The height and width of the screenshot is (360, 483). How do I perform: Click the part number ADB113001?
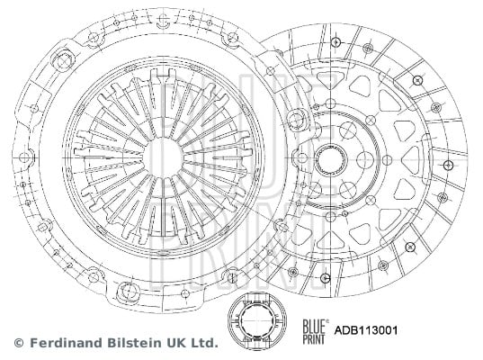coord(366,330)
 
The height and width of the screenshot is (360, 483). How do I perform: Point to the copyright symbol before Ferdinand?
coord(19,343)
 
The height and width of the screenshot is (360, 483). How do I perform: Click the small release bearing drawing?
coord(257,321)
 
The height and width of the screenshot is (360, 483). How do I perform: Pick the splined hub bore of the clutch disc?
coord(331,160)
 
